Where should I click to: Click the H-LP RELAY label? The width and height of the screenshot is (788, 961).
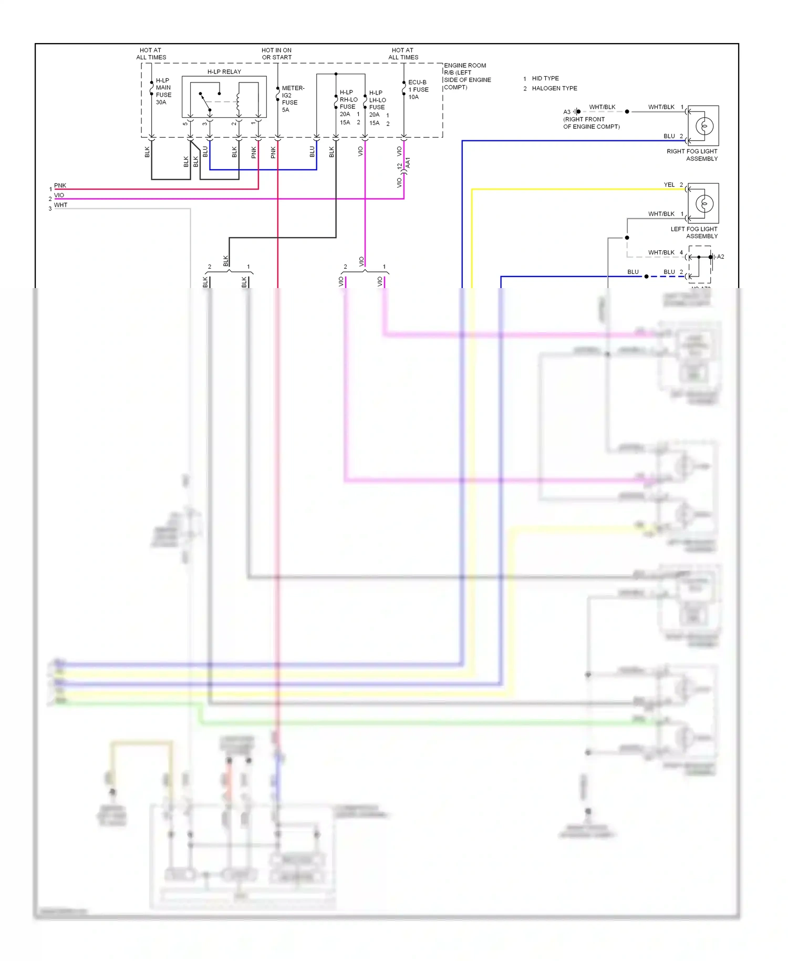pyautogui.click(x=224, y=71)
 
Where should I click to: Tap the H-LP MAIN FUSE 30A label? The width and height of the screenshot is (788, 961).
pyautogui.click(x=163, y=91)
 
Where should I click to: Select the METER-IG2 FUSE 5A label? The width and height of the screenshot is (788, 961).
pyautogui.click(x=292, y=99)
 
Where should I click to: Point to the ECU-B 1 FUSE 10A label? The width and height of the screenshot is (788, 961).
pyautogui.click(x=418, y=89)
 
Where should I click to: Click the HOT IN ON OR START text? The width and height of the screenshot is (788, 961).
pyautogui.click(x=276, y=54)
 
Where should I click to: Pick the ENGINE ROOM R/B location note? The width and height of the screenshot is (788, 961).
pyautogui.click(x=466, y=76)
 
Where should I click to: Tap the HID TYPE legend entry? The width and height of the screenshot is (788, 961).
pyautogui.click(x=545, y=78)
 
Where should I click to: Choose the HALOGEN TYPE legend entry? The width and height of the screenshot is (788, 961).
pyautogui.click(x=554, y=88)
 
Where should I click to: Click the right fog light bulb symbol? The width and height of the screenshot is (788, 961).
pyautogui.click(x=704, y=126)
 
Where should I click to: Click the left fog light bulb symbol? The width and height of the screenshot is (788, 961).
pyautogui.click(x=704, y=203)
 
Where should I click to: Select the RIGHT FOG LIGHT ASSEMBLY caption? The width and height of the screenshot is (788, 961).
pyautogui.click(x=692, y=155)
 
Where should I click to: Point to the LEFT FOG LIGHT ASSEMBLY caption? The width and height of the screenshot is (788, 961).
pyautogui.click(x=693, y=232)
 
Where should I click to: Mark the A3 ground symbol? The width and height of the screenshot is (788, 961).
pyautogui.click(x=576, y=111)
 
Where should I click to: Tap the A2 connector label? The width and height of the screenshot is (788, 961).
pyautogui.click(x=720, y=257)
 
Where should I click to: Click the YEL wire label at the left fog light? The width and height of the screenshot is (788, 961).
pyautogui.click(x=669, y=185)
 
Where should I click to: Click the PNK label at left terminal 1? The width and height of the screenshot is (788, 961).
pyautogui.click(x=60, y=185)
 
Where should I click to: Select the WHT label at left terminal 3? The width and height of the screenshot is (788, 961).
pyautogui.click(x=60, y=205)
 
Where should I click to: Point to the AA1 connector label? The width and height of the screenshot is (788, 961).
pyautogui.click(x=408, y=162)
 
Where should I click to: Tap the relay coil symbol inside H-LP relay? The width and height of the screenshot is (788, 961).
pyautogui.click(x=238, y=102)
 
